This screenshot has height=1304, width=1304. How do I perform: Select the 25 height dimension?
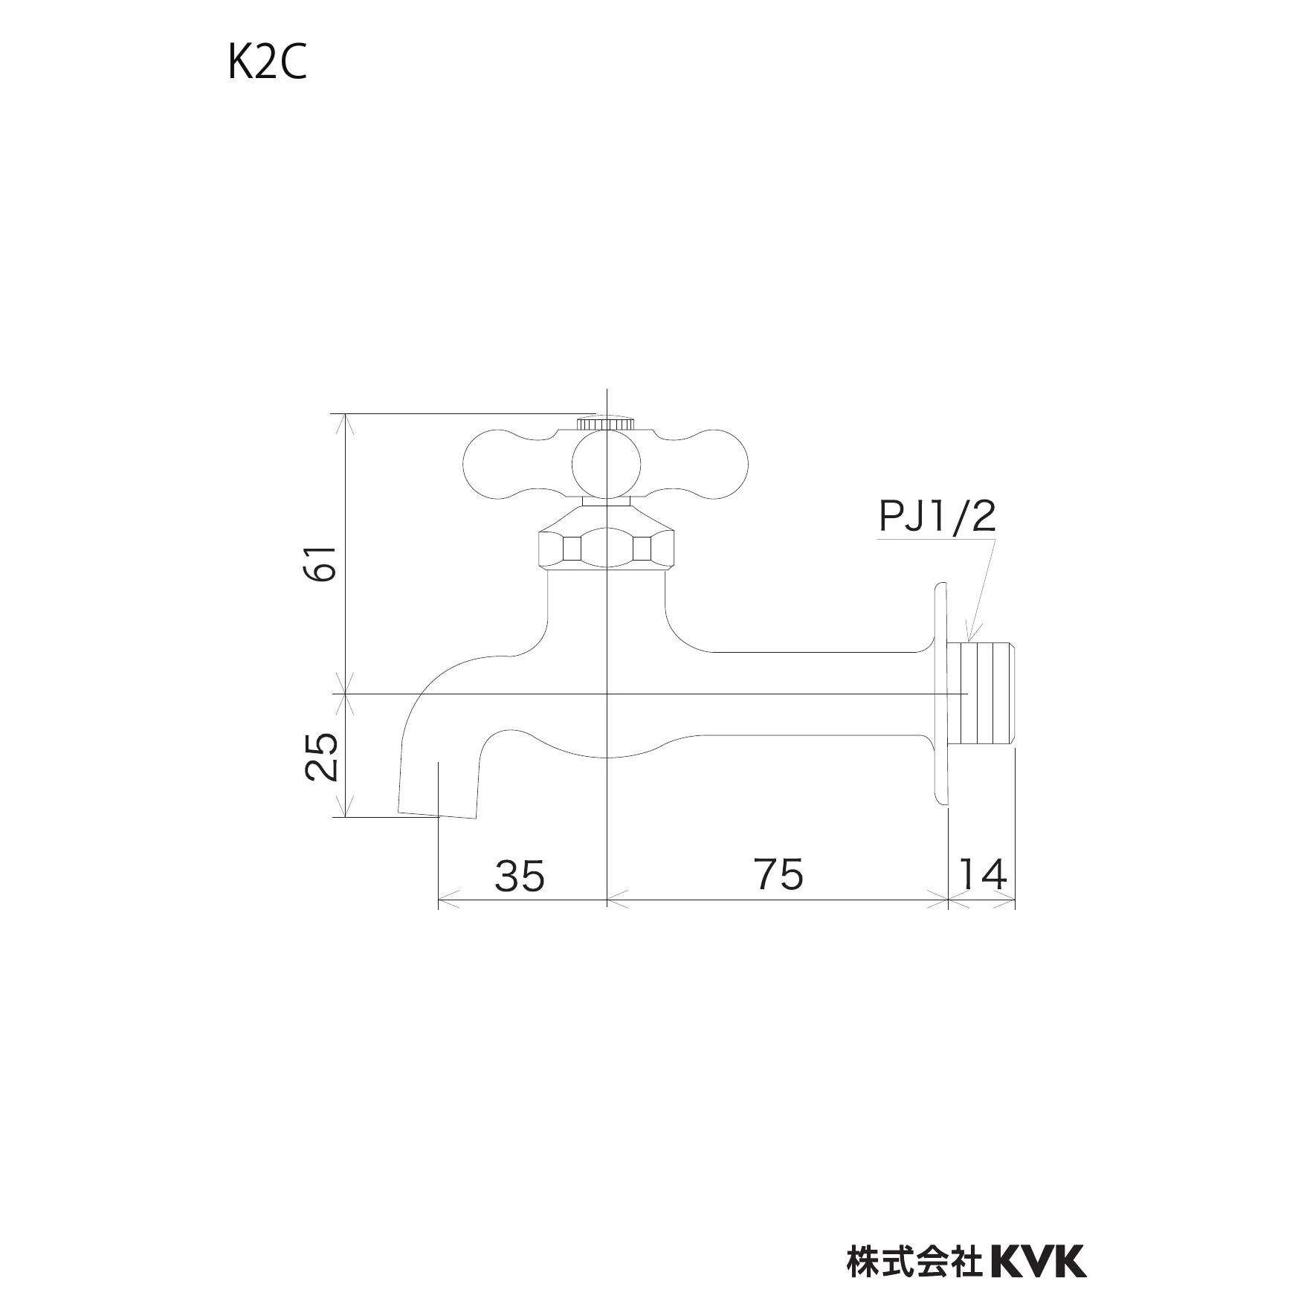[321, 756]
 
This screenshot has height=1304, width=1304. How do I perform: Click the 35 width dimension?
[520, 875]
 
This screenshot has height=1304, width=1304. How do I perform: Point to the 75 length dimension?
[779, 874]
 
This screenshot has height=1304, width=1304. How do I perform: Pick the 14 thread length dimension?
[983, 874]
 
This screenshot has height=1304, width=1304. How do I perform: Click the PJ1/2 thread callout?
[937, 516]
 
